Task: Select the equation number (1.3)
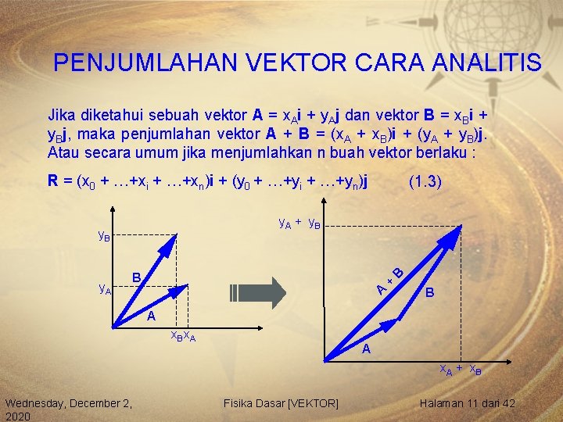(425, 182)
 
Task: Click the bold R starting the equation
(52, 182)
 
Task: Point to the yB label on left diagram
(103, 234)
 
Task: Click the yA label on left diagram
(104, 288)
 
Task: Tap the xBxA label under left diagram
(183, 336)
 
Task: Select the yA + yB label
(300, 223)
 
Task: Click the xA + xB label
(460, 370)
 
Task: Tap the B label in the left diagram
(136, 277)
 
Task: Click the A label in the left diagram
(152, 316)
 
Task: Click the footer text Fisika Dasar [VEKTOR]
(281, 403)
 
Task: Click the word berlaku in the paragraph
(443, 151)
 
